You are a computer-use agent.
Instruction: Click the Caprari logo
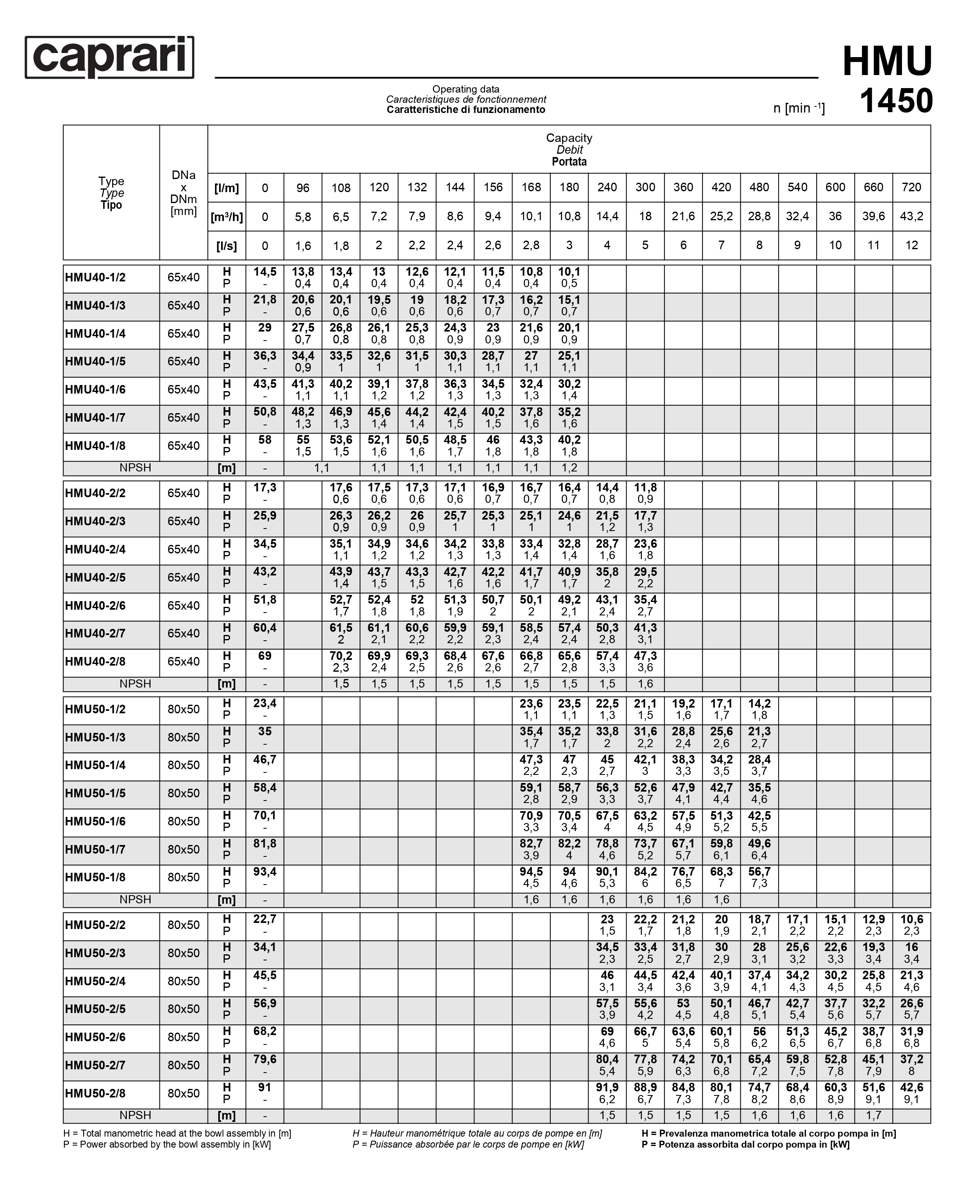click(x=109, y=57)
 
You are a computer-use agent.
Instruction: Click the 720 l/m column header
click(x=911, y=187)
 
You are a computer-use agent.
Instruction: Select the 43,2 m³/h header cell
click(x=911, y=217)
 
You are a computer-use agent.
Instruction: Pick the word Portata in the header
click(x=569, y=162)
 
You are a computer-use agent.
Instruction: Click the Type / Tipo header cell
click(x=111, y=193)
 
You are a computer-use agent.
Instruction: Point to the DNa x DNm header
click(x=183, y=193)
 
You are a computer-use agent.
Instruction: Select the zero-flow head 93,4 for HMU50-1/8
click(x=264, y=872)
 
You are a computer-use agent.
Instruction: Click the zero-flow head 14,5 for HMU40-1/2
click(x=264, y=272)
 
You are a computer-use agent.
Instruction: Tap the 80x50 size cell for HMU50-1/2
click(x=183, y=709)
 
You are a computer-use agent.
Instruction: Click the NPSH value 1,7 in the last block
click(x=873, y=1115)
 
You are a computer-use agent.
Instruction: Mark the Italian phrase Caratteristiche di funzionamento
click(x=466, y=109)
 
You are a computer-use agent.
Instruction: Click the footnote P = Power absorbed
click(x=167, y=1145)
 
